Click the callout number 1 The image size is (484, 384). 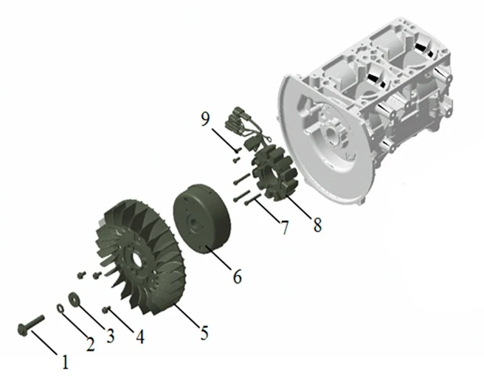point(65,362)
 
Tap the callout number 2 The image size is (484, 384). point(90,343)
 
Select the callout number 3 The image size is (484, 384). point(110,335)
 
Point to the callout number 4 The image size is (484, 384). point(140,337)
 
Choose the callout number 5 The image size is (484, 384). point(204,332)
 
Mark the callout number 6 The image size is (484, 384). point(237,276)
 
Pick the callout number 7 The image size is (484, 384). point(284,227)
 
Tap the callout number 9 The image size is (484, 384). point(205,119)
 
